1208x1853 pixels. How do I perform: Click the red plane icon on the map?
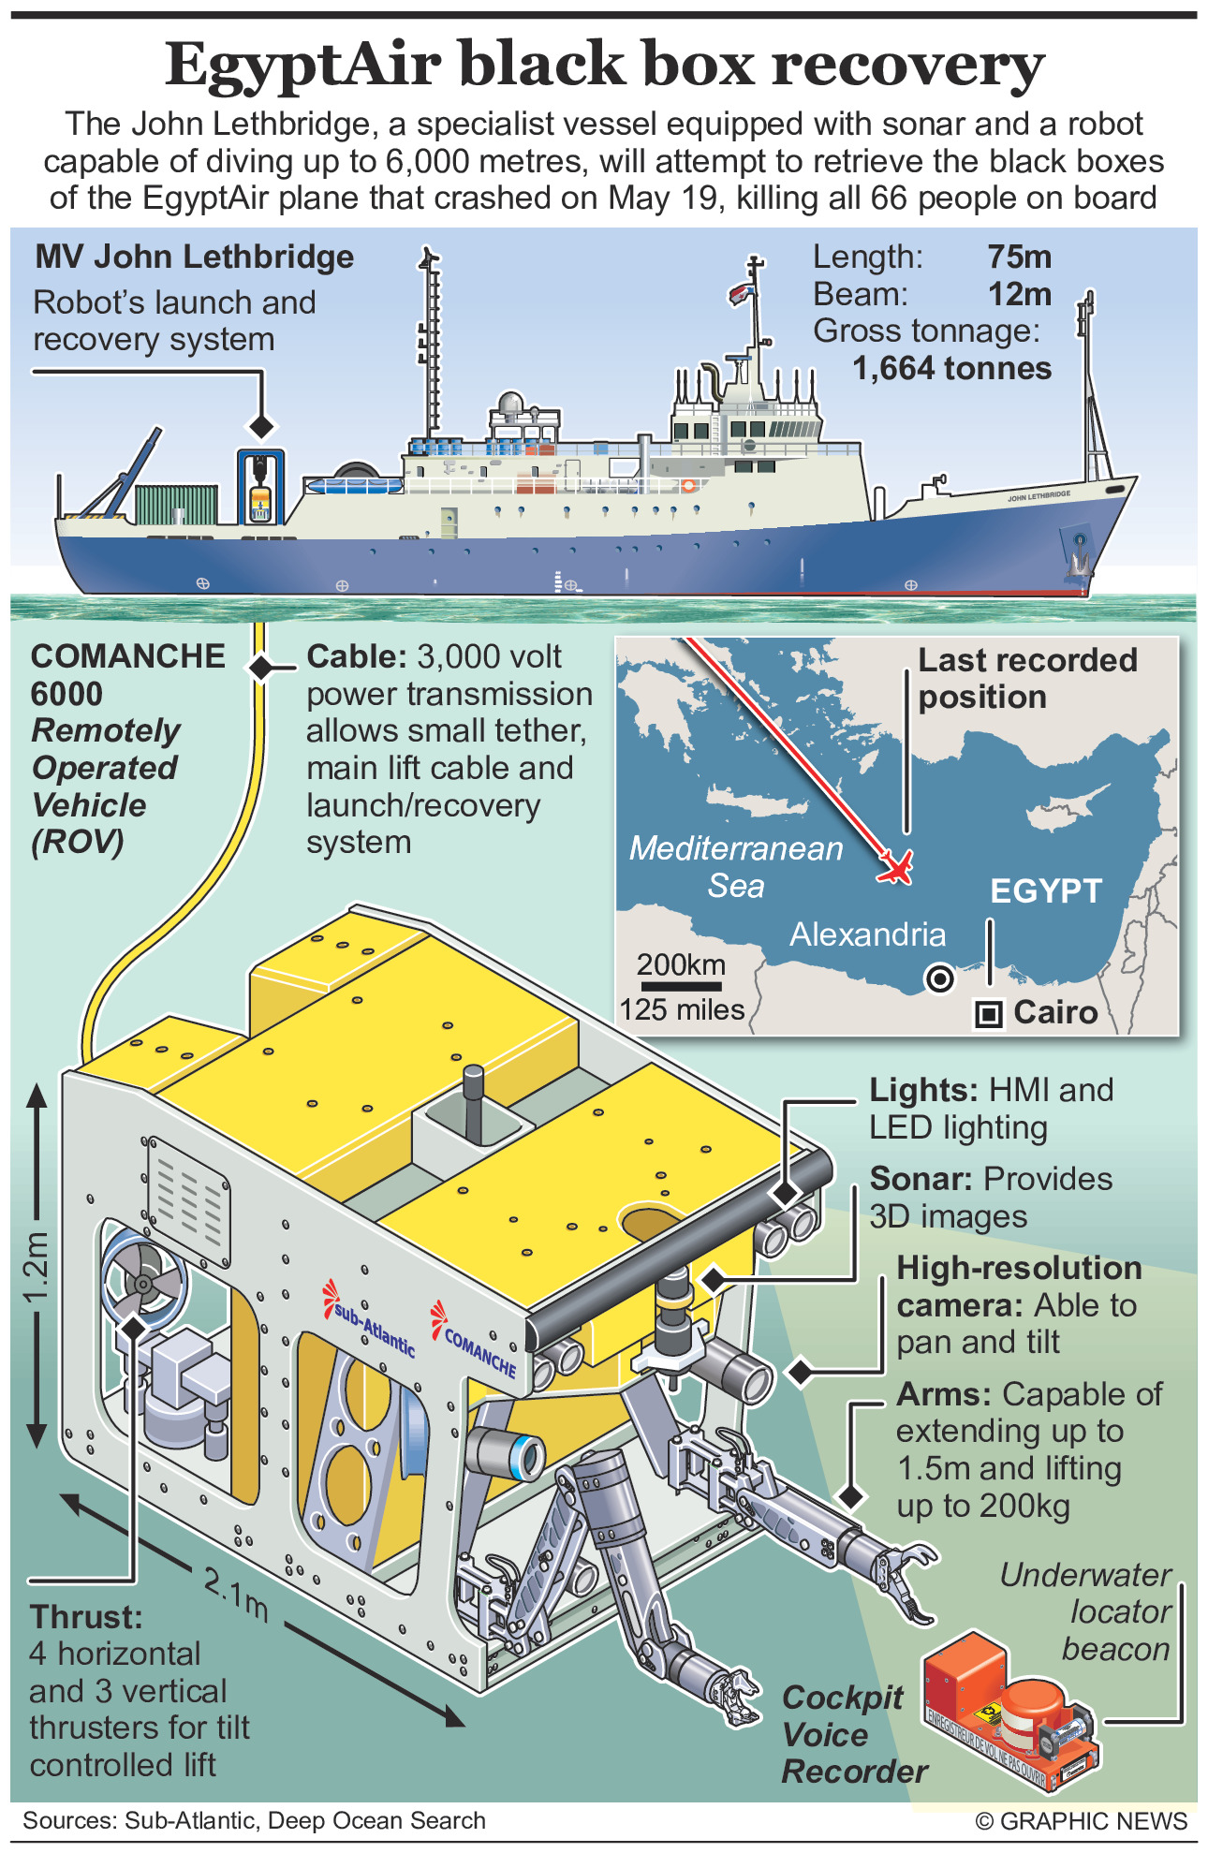[x=896, y=866]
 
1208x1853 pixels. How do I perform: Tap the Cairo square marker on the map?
[x=989, y=1013]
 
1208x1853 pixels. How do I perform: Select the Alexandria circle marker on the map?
[x=938, y=978]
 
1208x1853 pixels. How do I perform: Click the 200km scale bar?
[x=680, y=986]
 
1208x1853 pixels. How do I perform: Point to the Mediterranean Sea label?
[x=736, y=866]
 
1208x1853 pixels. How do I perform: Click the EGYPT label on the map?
[x=1046, y=890]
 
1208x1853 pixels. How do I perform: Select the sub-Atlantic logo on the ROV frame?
[x=371, y=1319]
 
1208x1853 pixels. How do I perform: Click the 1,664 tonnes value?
[x=951, y=368]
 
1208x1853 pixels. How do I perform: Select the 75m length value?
[x=1019, y=257]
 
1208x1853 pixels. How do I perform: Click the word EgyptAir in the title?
[x=302, y=65]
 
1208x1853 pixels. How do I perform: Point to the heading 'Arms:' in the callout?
[x=943, y=1394]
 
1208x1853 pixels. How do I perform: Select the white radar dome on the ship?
[x=510, y=404]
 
